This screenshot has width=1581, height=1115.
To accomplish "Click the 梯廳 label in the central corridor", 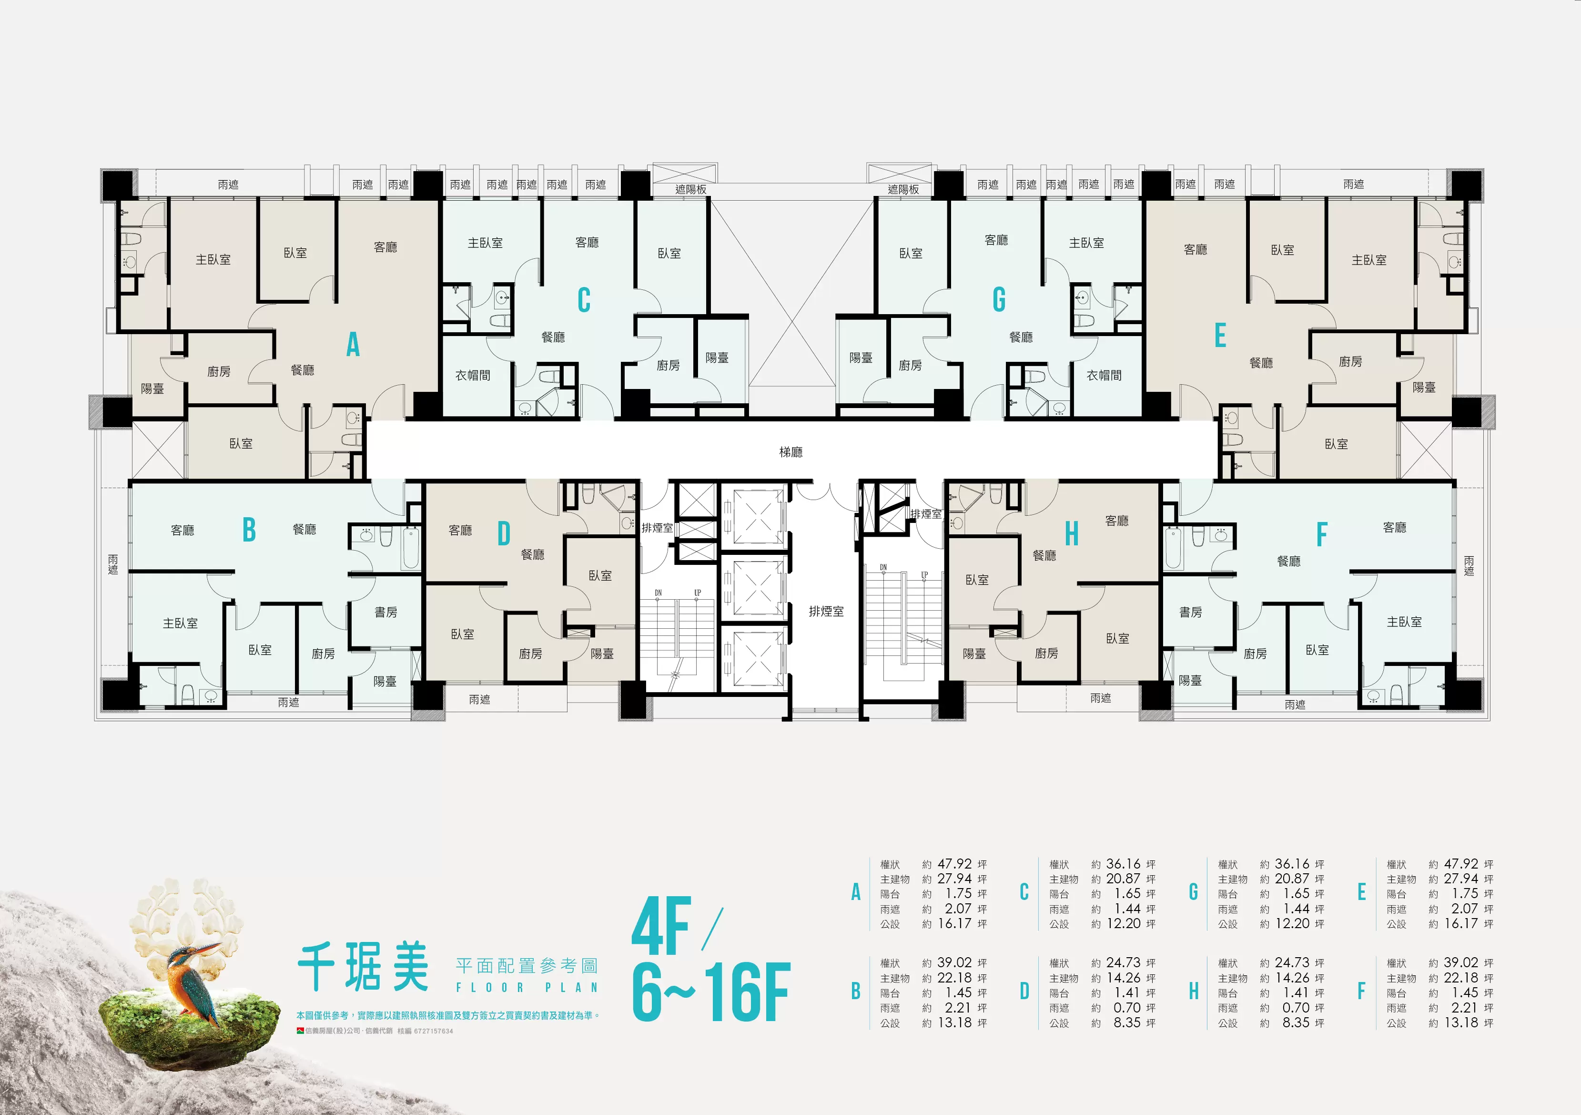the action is (x=790, y=452).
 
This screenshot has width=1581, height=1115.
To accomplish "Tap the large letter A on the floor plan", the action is (x=353, y=344).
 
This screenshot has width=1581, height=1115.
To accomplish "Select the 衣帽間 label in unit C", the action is (x=472, y=375).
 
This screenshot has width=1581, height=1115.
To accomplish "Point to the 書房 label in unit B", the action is (x=385, y=612).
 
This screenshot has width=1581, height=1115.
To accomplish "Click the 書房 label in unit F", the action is (x=1191, y=612).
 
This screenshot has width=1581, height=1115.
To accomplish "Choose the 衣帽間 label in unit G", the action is (x=1104, y=375).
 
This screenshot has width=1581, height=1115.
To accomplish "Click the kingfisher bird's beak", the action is (x=209, y=949).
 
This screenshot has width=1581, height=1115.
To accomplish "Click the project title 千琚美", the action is (x=364, y=966).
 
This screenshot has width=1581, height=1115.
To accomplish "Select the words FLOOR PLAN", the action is (x=527, y=988).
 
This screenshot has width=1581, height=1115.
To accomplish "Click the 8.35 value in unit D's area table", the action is (x=1127, y=1023).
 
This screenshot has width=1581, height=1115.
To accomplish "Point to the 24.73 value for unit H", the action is (x=1292, y=963).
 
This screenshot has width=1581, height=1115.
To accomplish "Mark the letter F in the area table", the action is (x=1361, y=992).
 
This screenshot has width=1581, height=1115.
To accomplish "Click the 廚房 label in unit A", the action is (x=219, y=372).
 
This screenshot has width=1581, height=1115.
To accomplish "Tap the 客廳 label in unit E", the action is (x=1196, y=249).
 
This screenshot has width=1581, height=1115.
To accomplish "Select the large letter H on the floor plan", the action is (x=1072, y=534).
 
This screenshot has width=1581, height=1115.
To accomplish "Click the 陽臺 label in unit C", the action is (x=717, y=358).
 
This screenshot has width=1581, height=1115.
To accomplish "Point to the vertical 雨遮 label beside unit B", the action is (x=113, y=565).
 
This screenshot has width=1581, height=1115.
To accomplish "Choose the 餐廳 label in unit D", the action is (x=532, y=554).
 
